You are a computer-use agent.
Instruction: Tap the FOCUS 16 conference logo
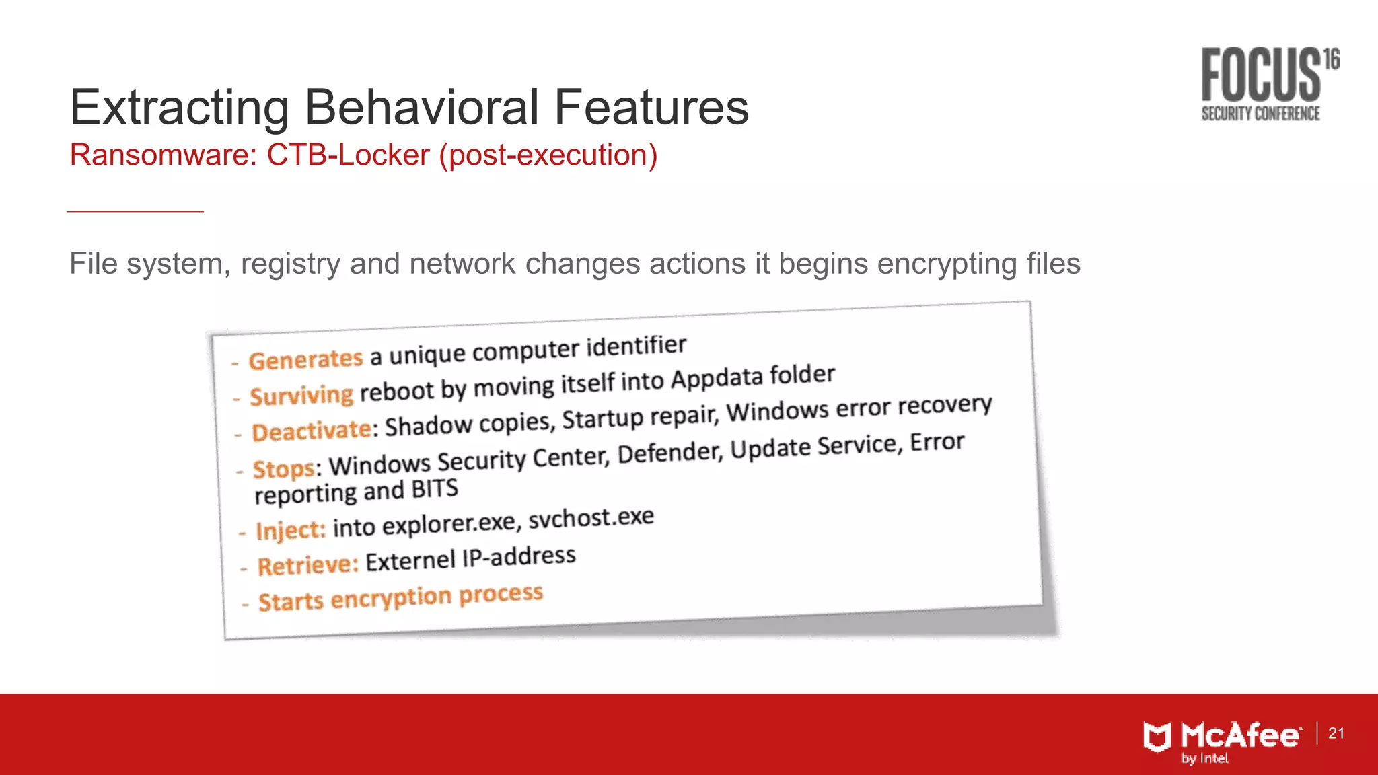coord(1268,84)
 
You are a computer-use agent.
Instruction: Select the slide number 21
coord(1336,733)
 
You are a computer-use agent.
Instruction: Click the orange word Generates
coord(305,359)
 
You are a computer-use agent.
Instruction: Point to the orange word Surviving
coord(301,395)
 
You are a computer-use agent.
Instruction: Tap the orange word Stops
coord(283,468)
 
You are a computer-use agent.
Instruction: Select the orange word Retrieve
coord(307,565)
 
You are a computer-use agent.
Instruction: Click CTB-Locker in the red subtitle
coord(348,155)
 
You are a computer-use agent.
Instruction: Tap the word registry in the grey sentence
coord(291,264)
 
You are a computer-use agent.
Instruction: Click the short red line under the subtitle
coord(135,211)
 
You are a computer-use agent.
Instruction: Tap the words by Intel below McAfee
coord(1204,759)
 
